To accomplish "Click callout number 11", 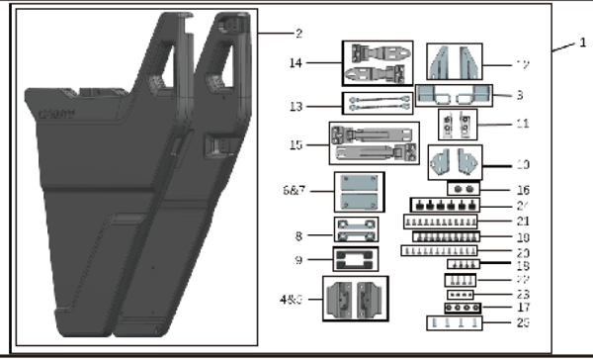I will pyautogui.click(x=523, y=126).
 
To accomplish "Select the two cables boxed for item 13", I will pyautogui.click(x=376, y=104).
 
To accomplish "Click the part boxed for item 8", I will pyautogui.click(x=357, y=231).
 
